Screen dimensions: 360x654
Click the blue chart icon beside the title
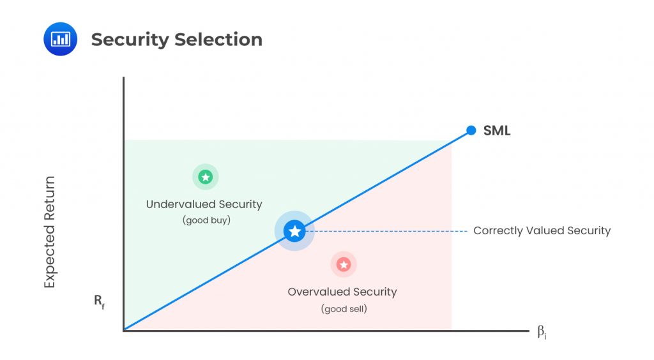coord(60,39)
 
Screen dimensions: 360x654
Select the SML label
coord(497,131)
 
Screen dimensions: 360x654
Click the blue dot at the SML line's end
coord(471,130)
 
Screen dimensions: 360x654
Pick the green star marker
coord(206,177)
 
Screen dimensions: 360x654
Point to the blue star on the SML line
coord(294,231)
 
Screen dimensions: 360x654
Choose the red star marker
coord(344,264)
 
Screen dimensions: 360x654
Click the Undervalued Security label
coord(204,205)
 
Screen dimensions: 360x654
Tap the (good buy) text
coord(206,220)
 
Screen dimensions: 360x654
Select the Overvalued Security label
coord(342,292)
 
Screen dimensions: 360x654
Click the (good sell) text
coord(344,309)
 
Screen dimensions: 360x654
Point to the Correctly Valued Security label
coord(542,231)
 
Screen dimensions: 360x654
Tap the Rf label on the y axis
coord(100,300)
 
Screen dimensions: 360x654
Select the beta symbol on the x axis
coord(541,331)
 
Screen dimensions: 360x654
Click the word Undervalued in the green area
coord(178,205)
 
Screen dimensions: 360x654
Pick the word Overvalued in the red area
coord(314,292)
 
